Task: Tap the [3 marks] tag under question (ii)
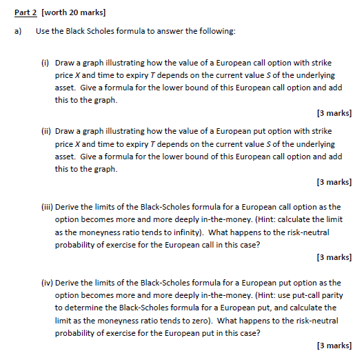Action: coord(333,182)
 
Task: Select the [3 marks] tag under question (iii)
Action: coord(333,257)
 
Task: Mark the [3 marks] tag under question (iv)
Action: coord(333,345)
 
